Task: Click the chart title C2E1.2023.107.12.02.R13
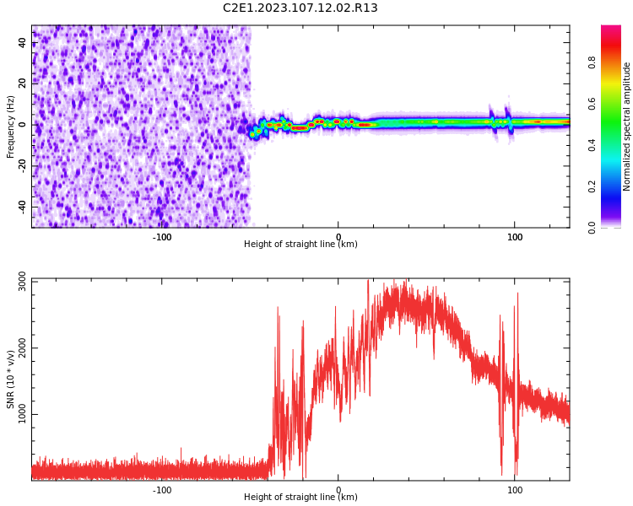click(x=300, y=8)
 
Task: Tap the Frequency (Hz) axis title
click(x=11, y=126)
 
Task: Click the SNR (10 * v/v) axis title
click(x=11, y=379)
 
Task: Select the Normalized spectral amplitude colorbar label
click(x=627, y=126)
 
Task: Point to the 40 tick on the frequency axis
click(x=23, y=42)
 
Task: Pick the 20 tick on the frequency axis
click(x=23, y=83)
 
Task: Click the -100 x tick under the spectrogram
click(x=162, y=237)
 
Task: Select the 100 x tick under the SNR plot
click(x=515, y=490)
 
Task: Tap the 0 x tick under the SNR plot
click(x=338, y=490)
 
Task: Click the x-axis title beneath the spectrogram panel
click(x=300, y=245)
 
